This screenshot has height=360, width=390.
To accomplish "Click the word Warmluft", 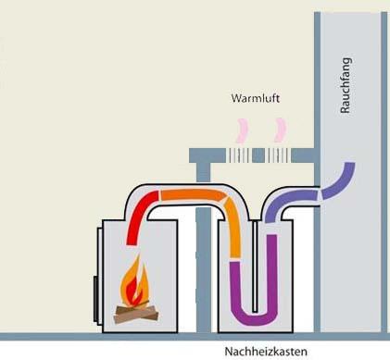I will [256, 97].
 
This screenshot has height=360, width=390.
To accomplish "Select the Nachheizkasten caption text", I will [266, 351].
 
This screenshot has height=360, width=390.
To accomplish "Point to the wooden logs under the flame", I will [136, 314].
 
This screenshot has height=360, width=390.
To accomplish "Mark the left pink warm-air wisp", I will [245, 129].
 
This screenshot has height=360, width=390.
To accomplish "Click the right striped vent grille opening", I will [277, 155].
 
